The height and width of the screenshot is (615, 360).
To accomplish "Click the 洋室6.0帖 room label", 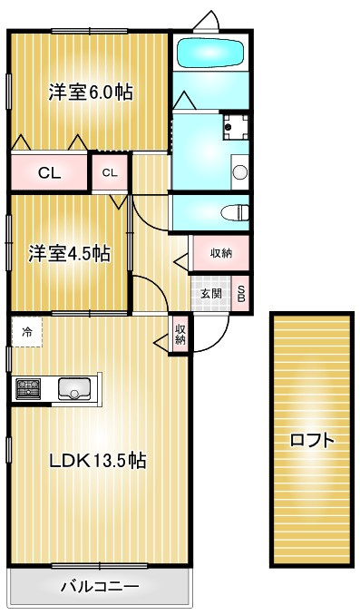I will coord(90,93).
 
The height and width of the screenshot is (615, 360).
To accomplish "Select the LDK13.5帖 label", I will coord(98,460).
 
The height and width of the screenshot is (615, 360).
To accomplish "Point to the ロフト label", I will coord(312,441).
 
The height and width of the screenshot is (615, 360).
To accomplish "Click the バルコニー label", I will coord(100,586).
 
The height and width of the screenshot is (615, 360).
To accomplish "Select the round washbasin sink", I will coord(239,171).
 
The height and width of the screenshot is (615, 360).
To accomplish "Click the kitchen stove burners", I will coord(27,389).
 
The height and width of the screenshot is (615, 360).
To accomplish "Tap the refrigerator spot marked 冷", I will coord(27,332).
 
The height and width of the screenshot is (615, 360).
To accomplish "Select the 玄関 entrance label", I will coord(211,293).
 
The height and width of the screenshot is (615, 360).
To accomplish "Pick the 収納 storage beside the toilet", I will coord(221,253).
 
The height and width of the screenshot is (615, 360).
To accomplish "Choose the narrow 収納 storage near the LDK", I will coord(180,333).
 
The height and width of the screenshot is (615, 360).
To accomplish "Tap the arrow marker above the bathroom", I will coord(209,18).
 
